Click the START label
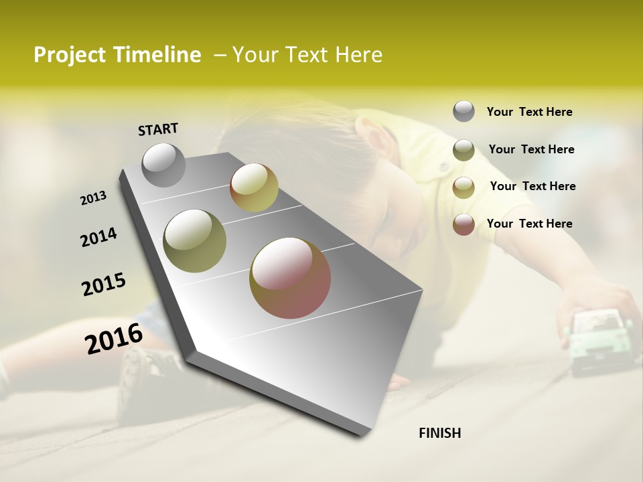point(158,129)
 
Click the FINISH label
point(439,433)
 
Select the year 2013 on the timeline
point(93,198)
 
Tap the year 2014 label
point(98,238)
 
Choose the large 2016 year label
point(114,339)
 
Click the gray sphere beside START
point(164,165)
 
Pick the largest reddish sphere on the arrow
point(290,278)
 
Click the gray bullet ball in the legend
point(463,111)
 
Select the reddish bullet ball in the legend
point(463,224)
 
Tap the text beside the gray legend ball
point(529,112)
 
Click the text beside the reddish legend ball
point(529,224)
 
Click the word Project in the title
point(70,55)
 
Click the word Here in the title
point(358,55)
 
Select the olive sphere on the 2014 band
point(195,241)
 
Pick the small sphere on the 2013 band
point(254,187)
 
